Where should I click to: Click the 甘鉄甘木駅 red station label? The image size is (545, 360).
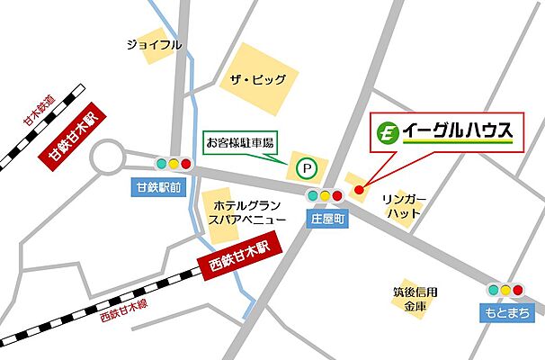pos(73,140)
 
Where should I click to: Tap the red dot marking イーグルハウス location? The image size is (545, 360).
pos(358,189)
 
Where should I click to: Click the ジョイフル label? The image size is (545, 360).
pos(154,44)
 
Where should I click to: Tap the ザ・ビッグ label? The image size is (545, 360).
pos(257,80)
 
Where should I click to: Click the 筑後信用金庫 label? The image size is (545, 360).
pos(414,298)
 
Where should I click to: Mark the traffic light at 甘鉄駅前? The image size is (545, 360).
pos(174,164)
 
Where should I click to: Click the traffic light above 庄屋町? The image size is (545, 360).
pos(325,196)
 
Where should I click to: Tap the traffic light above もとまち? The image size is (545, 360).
pos(505,290)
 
